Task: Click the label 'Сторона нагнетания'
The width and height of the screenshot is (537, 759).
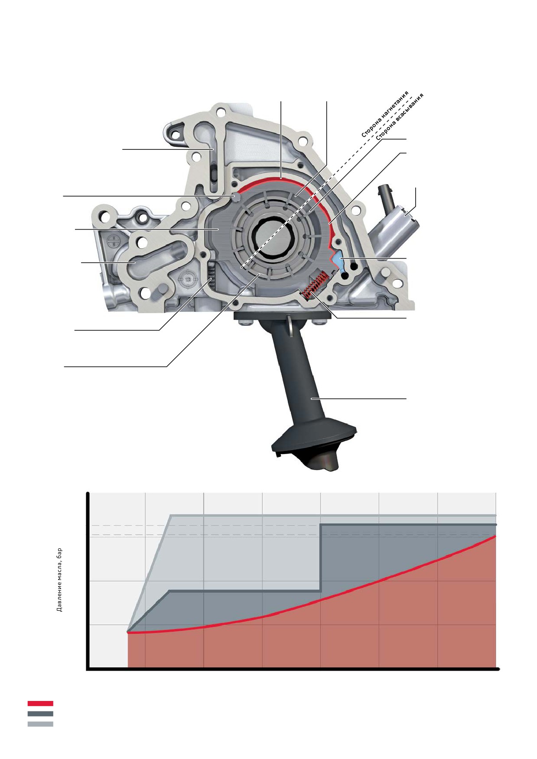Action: coord(385,114)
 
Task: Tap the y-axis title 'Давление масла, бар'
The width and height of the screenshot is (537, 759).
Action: coord(60,580)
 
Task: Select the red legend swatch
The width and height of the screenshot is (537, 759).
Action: coord(40,704)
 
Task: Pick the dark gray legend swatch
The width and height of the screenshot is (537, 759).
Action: coord(40,714)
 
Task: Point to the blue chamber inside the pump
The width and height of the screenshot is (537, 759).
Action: coord(338,260)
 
